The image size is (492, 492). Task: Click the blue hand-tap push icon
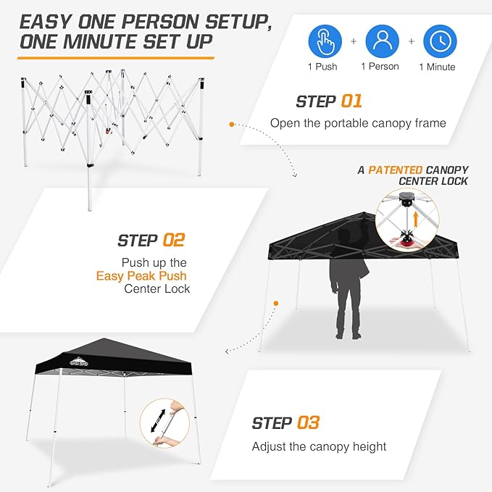coord(326,41)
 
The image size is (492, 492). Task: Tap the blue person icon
coord(382,41)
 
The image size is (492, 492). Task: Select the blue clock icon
coord(439,41)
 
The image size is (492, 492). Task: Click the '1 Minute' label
coord(437,67)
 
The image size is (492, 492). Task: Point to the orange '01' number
coord(351,101)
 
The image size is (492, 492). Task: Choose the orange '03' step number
coord(308,422)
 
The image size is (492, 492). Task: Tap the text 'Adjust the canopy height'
coord(319,446)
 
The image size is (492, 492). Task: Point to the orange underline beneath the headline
coord(117,57)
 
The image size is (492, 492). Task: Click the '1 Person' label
coord(380,67)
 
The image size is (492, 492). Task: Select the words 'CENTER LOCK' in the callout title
coord(432,181)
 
